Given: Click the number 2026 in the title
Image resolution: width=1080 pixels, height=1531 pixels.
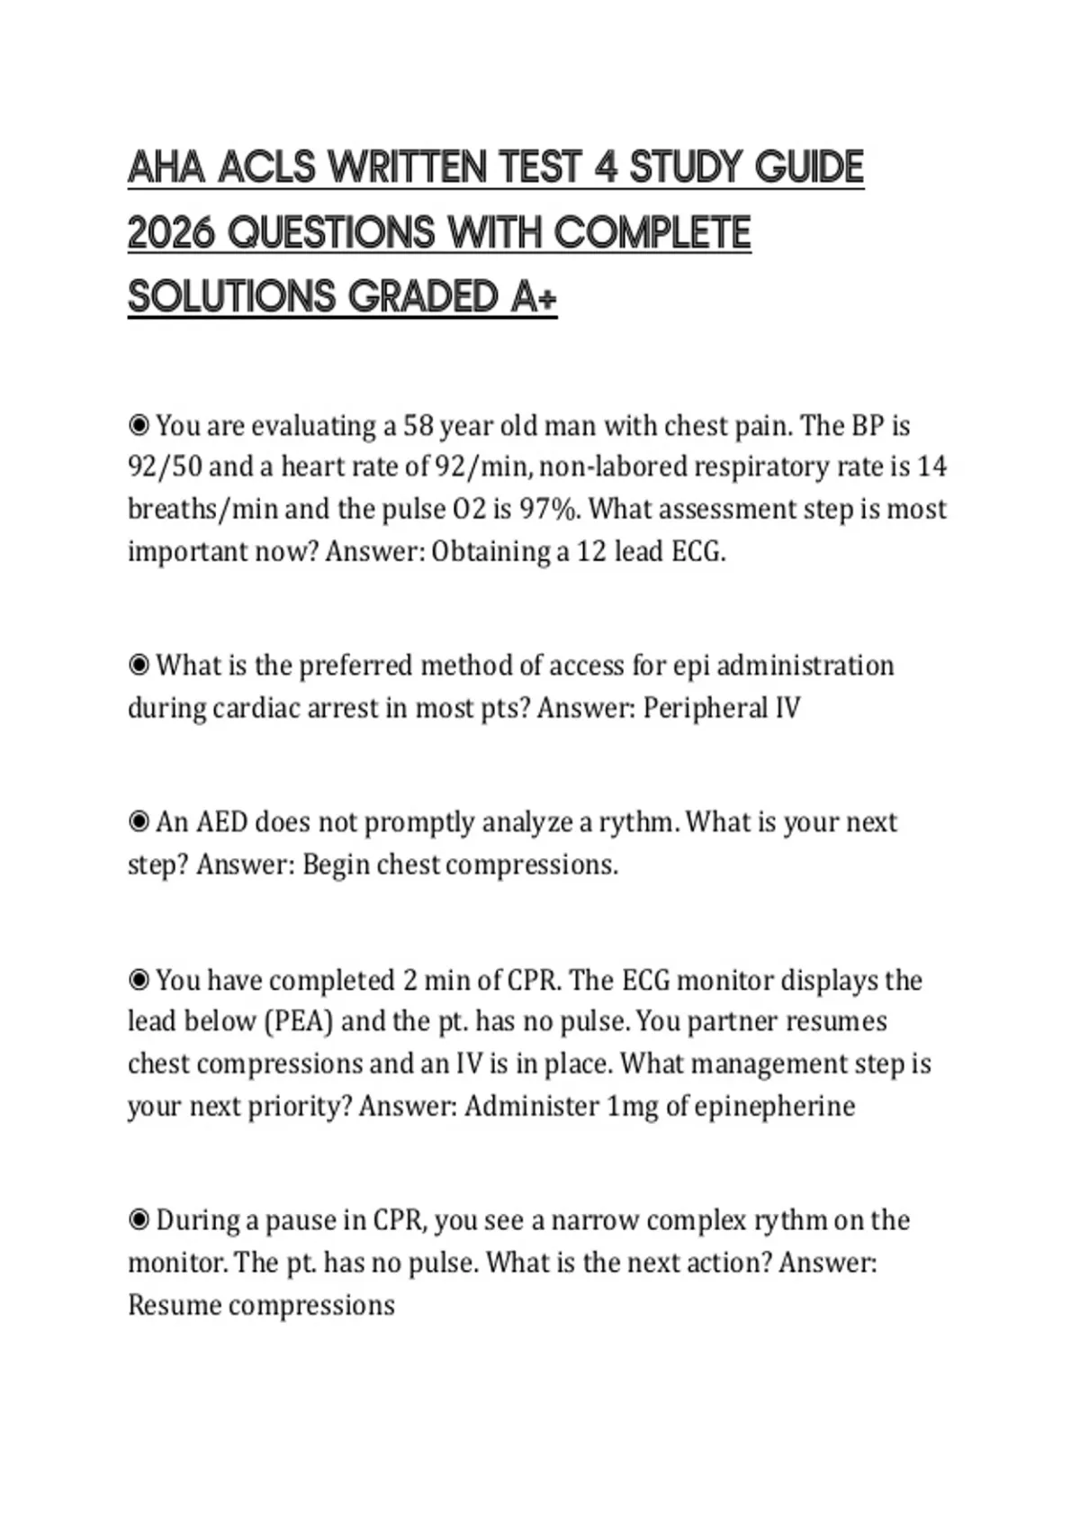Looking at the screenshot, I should tap(172, 233).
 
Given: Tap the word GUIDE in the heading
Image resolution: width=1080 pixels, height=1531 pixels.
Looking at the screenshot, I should tap(808, 168).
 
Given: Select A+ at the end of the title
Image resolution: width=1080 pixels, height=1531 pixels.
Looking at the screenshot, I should tap(534, 297).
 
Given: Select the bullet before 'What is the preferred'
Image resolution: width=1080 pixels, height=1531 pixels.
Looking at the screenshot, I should tap(139, 666).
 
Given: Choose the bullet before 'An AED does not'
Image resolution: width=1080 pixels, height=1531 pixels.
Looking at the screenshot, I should tap(139, 822).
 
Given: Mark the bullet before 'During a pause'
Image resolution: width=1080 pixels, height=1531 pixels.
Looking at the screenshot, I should tap(139, 1221).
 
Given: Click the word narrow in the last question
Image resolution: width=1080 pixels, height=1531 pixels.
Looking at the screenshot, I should tap(595, 1221).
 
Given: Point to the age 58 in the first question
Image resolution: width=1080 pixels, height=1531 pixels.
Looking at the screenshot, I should tap(418, 425).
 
